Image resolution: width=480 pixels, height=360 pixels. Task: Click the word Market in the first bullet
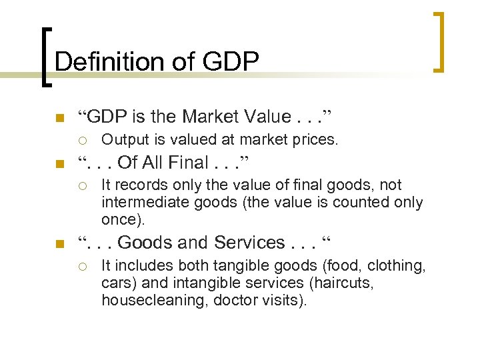coord(212,117)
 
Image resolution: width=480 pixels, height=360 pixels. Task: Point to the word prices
coord(316,140)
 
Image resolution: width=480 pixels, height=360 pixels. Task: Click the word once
coord(121,219)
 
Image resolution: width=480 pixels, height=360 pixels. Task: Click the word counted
coord(351,202)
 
